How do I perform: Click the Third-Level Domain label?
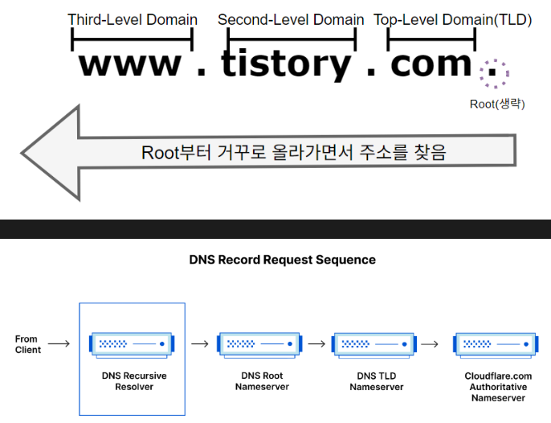click(133, 20)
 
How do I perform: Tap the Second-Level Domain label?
click(291, 20)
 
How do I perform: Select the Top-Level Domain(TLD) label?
click(453, 20)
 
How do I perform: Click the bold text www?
click(130, 64)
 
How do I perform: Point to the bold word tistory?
click(286, 64)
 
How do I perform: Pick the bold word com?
click(431, 64)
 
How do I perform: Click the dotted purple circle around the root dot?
click(495, 60)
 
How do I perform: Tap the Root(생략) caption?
click(497, 104)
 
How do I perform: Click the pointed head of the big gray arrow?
click(22, 153)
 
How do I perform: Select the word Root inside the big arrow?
click(161, 153)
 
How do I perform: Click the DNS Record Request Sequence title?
click(282, 260)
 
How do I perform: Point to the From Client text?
click(28, 344)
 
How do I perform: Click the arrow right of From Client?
click(59, 343)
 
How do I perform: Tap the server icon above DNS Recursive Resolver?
click(132, 345)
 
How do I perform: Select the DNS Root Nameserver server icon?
click(259, 345)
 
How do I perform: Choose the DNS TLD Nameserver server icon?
click(374, 345)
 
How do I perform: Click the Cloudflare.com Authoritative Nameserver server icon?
click(496, 345)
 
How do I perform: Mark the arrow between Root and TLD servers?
click(316, 343)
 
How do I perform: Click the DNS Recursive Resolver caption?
click(134, 381)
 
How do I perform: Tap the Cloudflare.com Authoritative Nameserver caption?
click(498, 387)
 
